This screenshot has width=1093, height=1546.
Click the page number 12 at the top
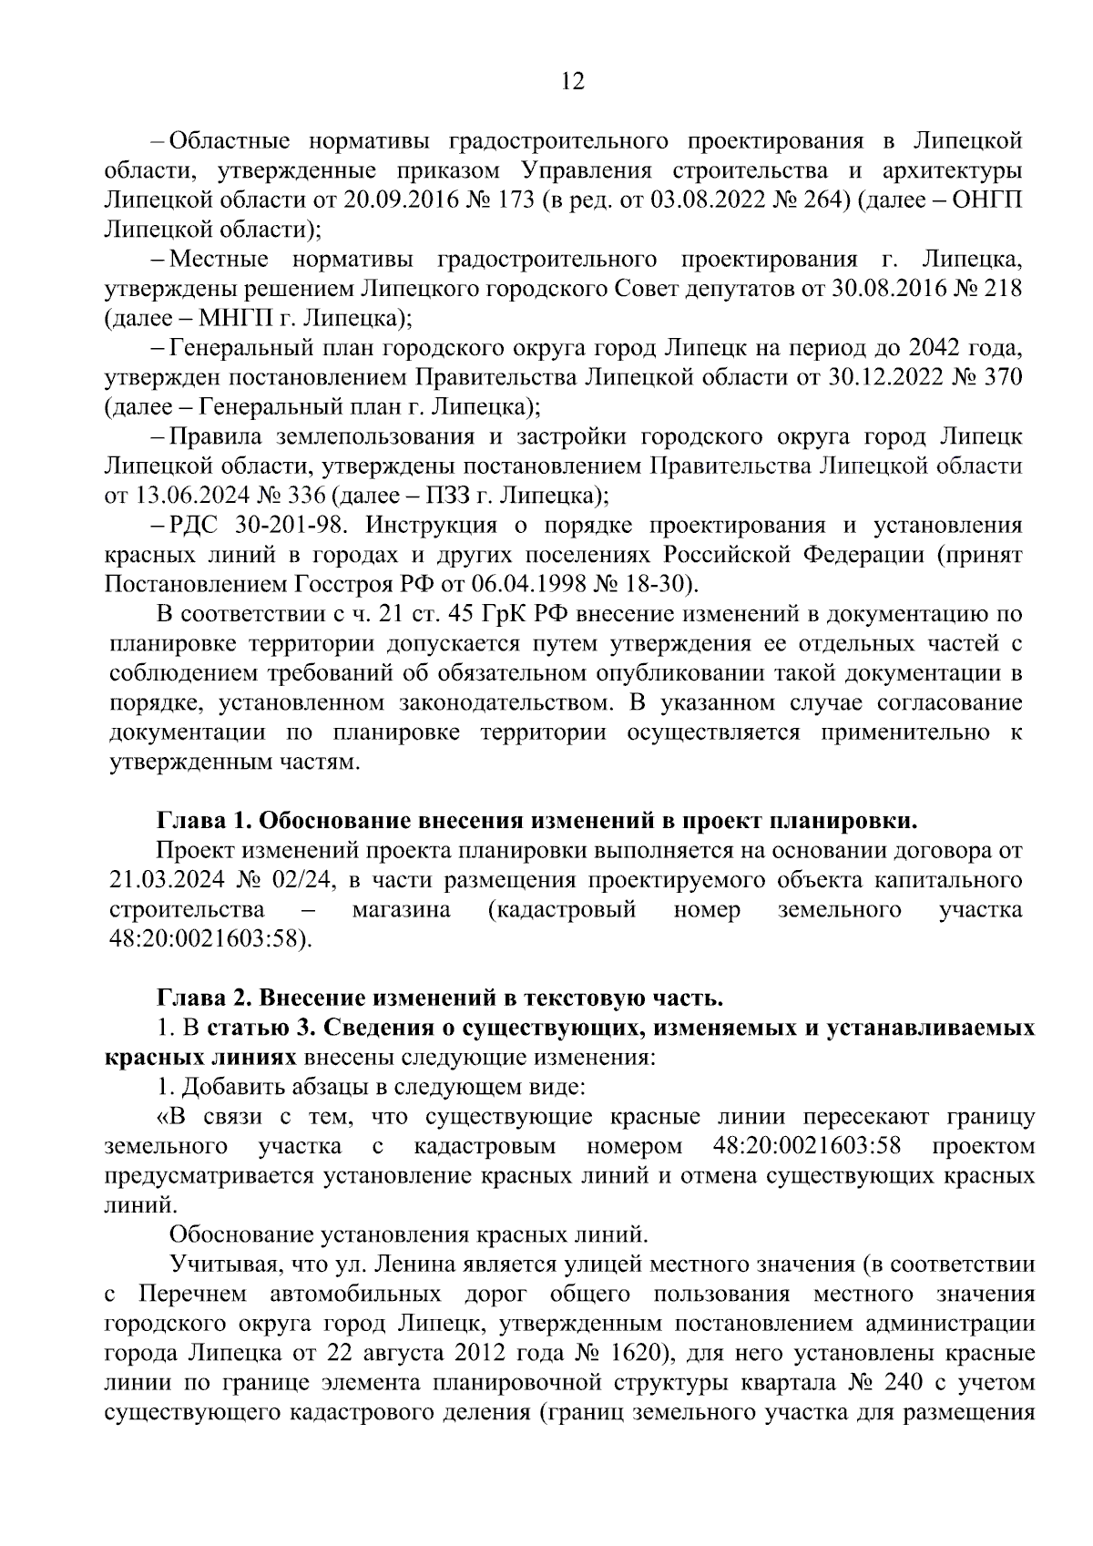(572, 82)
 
